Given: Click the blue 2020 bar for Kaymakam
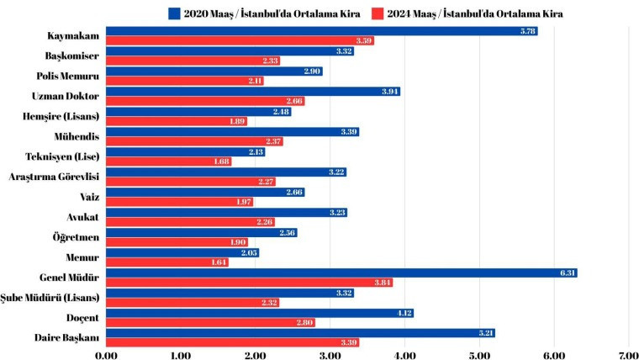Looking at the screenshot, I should (319, 31).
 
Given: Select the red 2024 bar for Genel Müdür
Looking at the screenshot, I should (248, 283).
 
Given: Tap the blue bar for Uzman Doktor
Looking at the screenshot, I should (252, 92).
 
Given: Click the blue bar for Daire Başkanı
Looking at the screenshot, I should (299, 333).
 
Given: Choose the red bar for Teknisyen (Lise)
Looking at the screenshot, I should (168, 161).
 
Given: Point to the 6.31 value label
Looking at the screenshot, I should (565, 273).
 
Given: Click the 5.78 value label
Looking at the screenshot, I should (525, 31).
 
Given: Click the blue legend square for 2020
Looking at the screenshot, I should (174, 13).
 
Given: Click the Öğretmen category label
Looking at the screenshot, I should (75, 237).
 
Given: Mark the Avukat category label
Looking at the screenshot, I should (82, 217).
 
